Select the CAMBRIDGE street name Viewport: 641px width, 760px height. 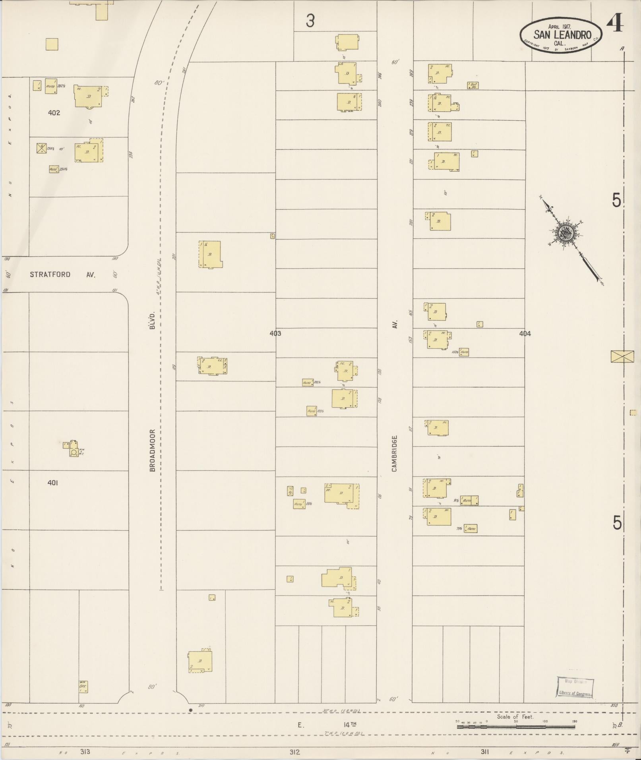[395, 453]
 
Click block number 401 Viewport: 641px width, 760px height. [52, 483]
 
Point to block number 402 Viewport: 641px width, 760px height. [54, 113]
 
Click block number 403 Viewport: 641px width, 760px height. [275, 333]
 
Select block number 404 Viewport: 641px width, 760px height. [525, 334]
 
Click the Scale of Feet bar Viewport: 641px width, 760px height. [515, 727]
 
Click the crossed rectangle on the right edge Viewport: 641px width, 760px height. [622, 356]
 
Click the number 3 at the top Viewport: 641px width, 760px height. [310, 21]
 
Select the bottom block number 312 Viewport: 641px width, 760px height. [294, 752]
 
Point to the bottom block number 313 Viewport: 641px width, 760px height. [85, 751]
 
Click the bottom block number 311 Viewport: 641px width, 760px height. [484, 751]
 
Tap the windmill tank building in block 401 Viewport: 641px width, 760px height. [74, 449]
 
